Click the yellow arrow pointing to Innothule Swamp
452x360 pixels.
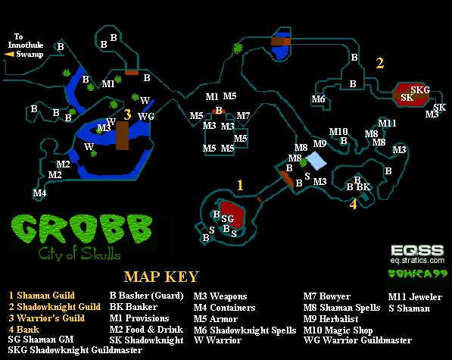(x=9, y=54)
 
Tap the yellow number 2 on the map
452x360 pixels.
(x=379, y=63)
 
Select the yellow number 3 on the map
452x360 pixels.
(x=127, y=114)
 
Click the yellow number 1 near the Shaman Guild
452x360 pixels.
(x=240, y=185)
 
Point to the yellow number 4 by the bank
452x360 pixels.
(x=353, y=204)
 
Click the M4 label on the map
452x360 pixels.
(x=39, y=193)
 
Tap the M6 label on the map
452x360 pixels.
(x=318, y=99)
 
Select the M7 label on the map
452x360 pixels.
(x=243, y=116)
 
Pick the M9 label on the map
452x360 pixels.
(x=320, y=143)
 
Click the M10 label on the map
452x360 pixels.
(x=338, y=132)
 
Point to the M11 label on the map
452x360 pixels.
(x=387, y=124)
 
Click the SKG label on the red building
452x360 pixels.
(x=420, y=89)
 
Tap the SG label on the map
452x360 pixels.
(x=227, y=219)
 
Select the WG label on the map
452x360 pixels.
(x=146, y=116)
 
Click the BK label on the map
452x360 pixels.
(x=363, y=187)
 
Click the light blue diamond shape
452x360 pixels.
(x=316, y=161)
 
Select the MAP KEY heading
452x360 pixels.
(x=161, y=277)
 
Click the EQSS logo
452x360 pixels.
(x=417, y=250)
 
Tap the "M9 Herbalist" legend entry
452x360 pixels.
(x=331, y=319)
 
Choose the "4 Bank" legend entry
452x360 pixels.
(x=24, y=330)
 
